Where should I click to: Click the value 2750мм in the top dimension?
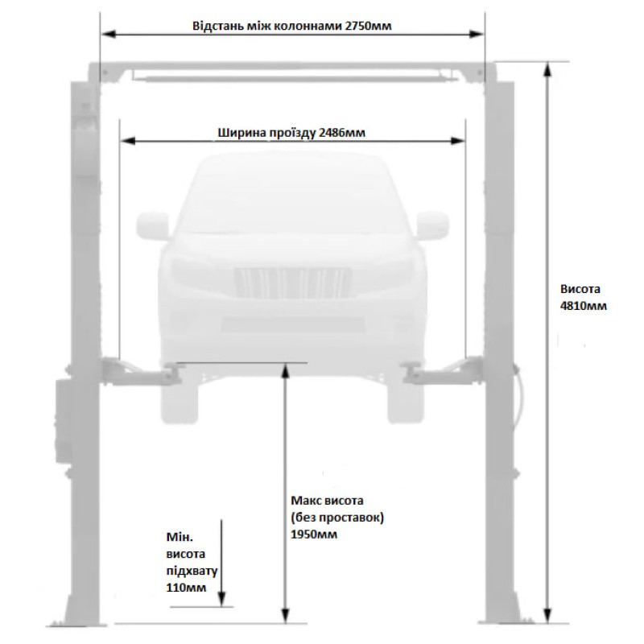pyautogui.click(x=369, y=26)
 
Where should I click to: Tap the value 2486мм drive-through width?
pyautogui.click(x=341, y=133)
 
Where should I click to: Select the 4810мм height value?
pyautogui.click(x=583, y=306)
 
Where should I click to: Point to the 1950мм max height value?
pyautogui.click(x=314, y=535)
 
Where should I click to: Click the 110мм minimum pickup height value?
pyautogui.click(x=186, y=588)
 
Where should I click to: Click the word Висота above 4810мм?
pyautogui.click(x=580, y=289)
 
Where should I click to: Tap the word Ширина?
pyautogui.click(x=242, y=133)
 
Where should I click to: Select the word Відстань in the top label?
pyautogui.click(x=217, y=26)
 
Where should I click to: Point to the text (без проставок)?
pyautogui.click(x=337, y=518)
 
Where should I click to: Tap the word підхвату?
pyautogui.click(x=192, y=572)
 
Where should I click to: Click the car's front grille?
pyautogui.click(x=293, y=283)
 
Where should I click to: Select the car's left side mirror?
pyautogui.click(x=153, y=225)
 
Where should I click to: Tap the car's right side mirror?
pyautogui.click(x=433, y=225)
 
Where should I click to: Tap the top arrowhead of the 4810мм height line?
pyautogui.click(x=547, y=71)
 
